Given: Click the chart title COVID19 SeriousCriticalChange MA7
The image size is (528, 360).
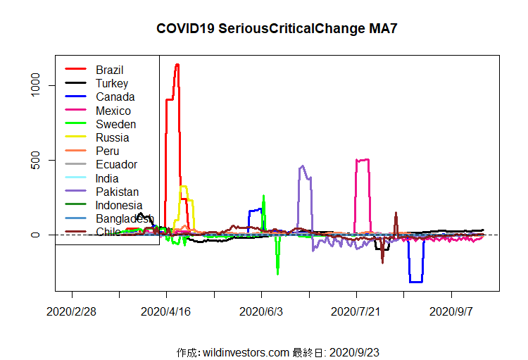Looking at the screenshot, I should (282, 29).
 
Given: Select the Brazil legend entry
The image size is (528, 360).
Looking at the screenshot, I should (109, 70).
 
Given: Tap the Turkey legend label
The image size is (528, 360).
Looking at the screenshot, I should (112, 83).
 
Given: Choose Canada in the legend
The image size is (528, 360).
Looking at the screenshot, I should (115, 97).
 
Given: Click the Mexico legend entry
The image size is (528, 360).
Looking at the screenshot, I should (113, 111).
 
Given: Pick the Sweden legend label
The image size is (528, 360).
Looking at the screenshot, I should (115, 124).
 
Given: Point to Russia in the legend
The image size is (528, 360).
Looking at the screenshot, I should (112, 137).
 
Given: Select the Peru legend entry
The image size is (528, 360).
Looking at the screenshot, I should (107, 151).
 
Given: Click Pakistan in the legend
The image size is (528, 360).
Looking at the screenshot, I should (117, 192).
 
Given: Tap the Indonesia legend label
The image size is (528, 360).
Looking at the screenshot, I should (119, 205).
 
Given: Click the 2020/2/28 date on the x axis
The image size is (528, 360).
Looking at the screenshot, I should (72, 311).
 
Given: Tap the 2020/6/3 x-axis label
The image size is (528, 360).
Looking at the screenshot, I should (261, 311).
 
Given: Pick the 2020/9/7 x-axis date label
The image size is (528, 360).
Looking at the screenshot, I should (451, 311).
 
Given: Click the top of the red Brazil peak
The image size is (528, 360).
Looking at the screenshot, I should (177, 65).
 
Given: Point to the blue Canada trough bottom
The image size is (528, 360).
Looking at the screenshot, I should (415, 282).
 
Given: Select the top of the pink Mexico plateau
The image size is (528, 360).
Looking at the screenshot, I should (363, 160).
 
